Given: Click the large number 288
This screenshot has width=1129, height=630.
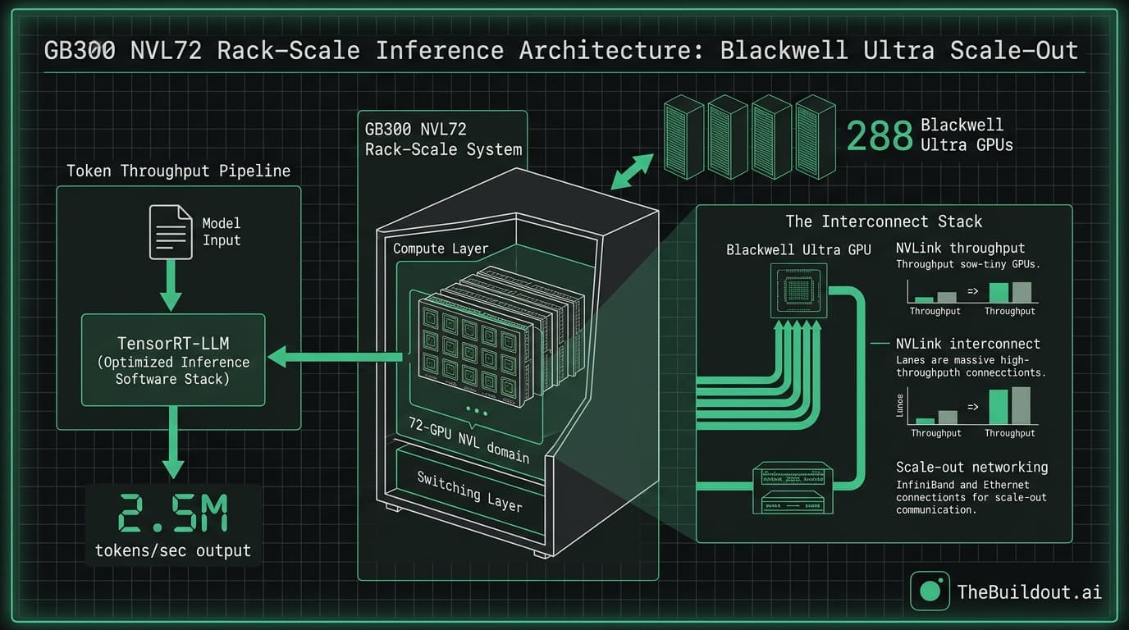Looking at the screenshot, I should tap(880, 136).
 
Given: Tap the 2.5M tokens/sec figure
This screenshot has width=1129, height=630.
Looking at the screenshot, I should tap(172, 514).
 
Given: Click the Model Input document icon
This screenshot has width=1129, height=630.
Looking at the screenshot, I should tap(171, 231).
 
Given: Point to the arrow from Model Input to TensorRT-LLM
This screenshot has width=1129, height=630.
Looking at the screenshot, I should tap(171, 286).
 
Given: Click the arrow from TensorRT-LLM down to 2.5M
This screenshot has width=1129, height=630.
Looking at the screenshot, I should tap(172, 443).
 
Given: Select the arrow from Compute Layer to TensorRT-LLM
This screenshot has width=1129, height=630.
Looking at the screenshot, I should tap(336, 356).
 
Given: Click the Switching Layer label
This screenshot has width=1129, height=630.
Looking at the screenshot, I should tap(469, 491).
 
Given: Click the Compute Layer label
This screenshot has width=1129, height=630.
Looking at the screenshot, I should tap(441, 249).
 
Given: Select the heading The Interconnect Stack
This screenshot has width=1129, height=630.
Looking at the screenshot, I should tap(884, 221).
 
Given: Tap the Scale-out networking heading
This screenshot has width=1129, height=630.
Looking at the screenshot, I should tap(971, 467).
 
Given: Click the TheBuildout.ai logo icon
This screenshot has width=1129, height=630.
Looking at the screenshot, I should tap(930, 591).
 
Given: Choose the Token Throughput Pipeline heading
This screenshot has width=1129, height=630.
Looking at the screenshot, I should tap(179, 171).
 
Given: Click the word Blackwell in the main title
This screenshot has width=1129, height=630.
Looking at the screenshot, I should tap(784, 51).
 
